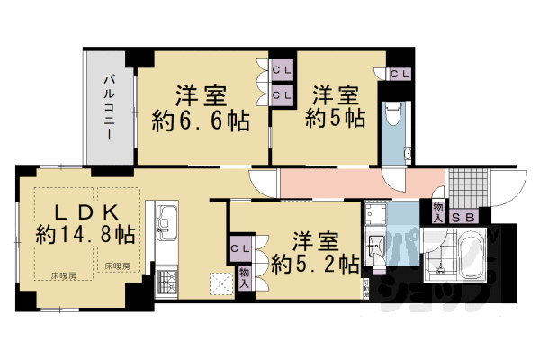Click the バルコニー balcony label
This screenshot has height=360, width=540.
point(107,109)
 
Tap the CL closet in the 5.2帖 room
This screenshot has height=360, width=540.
point(240,247)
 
